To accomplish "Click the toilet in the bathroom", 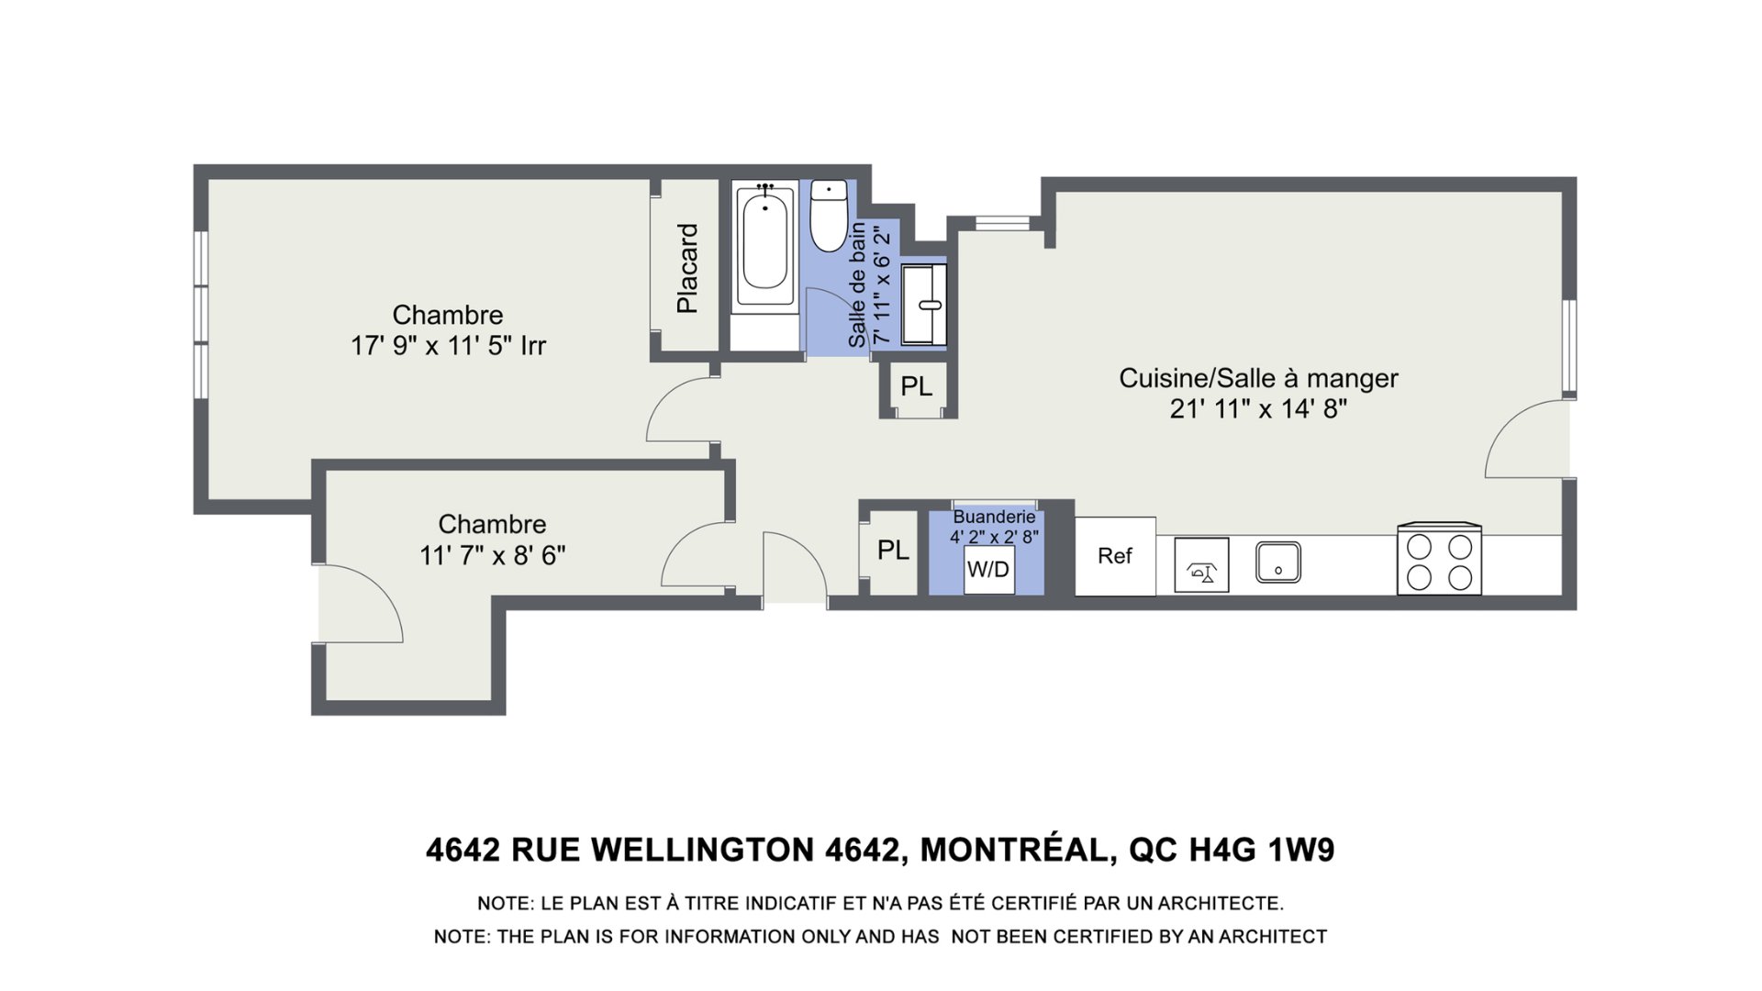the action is coord(830,216).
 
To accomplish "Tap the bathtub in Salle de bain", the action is coord(764,245).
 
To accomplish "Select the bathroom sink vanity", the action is coord(923,306).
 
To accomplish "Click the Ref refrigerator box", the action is coord(1115,556).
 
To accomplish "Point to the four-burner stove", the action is coord(1439,559).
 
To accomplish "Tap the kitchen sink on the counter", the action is coord(1277,562).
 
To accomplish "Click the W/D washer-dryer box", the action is coord(988,570).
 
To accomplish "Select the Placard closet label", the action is coord(687,268).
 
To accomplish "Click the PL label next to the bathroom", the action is coord(916,387).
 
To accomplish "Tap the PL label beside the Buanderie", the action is coord(893,551).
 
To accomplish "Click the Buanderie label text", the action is coord(994,517).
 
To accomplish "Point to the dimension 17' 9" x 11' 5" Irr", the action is coord(448,347).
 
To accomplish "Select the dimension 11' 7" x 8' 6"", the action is coord(492,556).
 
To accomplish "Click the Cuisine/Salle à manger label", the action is coord(1258,378).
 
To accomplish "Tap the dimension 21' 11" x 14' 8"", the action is coord(1258,409).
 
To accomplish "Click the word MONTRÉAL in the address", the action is coord(1016,851).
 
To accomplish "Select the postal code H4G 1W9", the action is coord(1262,851).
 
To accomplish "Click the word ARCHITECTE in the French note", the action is coord(1220,904).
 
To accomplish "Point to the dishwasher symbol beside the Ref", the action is coord(1201,564).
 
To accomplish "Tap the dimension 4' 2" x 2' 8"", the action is coord(994,537).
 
